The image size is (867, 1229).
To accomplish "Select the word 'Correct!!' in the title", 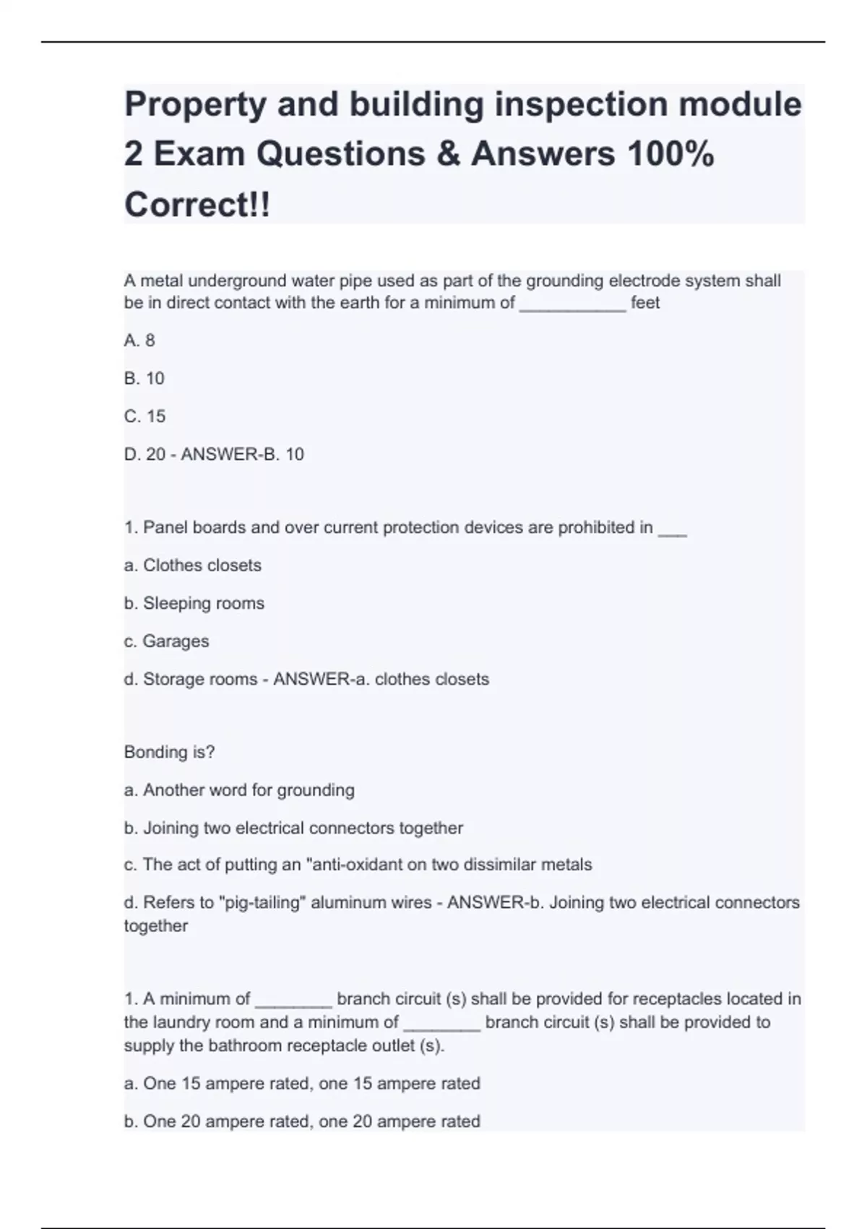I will [x=197, y=205].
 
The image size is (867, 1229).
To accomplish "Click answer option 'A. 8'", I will [x=139, y=341].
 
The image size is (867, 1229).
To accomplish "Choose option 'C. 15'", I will [x=144, y=416].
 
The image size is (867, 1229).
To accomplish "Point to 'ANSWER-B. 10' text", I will [x=242, y=454].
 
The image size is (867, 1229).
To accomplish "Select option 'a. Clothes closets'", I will [x=193, y=565].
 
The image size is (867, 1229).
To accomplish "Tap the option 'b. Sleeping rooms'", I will [x=194, y=603].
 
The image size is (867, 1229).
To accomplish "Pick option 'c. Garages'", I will [x=167, y=641].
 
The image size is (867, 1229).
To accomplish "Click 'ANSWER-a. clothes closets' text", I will [x=381, y=679].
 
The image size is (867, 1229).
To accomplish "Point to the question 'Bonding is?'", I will [x=170, y=752].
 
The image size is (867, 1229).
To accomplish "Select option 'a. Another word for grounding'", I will [x=239, y=790].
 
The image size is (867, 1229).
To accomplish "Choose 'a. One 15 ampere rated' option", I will [x=302, y=1084].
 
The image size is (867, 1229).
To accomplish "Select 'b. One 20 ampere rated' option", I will [x=302, y=1121].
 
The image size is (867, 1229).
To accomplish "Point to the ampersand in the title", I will [x=448, y=154].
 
